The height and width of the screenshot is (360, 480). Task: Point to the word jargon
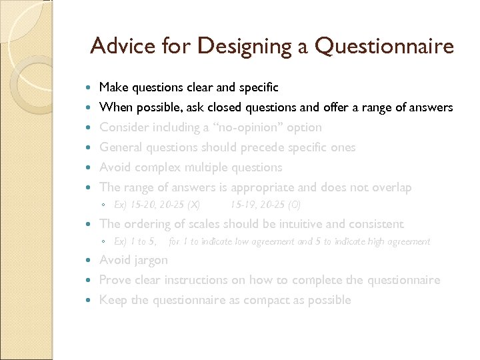coord(150,261)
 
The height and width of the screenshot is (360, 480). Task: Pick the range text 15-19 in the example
coord(242,204)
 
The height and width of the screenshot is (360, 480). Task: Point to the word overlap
coord(390,187)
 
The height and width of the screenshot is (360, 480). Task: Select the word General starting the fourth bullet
coord(120,147)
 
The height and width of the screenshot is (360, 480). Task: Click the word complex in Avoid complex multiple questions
coord(153,167)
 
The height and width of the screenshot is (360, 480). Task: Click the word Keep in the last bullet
coord(113,300)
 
